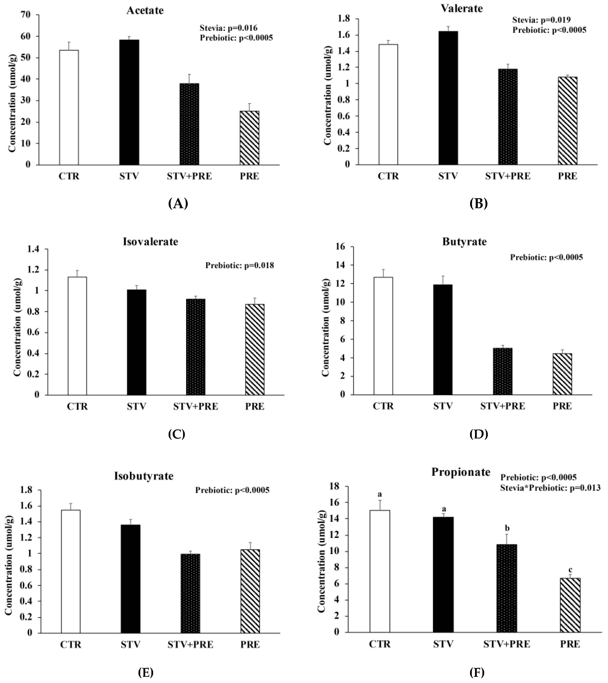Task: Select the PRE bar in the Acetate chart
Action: pyautogui.click(x=249, y=138)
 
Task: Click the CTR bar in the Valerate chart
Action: pyautogui.click(x=388, y=104)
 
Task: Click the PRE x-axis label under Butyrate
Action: pyautogui.click(x=562, y=406)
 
